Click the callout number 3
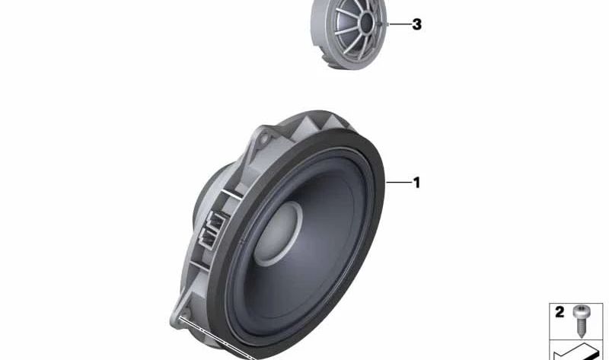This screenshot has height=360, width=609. (416, 24)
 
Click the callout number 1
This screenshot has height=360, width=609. (416, 183)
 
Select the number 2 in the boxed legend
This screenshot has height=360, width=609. (560, 312)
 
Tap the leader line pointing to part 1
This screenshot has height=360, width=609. (398, 182)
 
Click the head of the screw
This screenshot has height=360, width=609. (582, 311)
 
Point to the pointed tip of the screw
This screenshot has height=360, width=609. (582, 336)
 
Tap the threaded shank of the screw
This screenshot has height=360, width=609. (582, 326)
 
